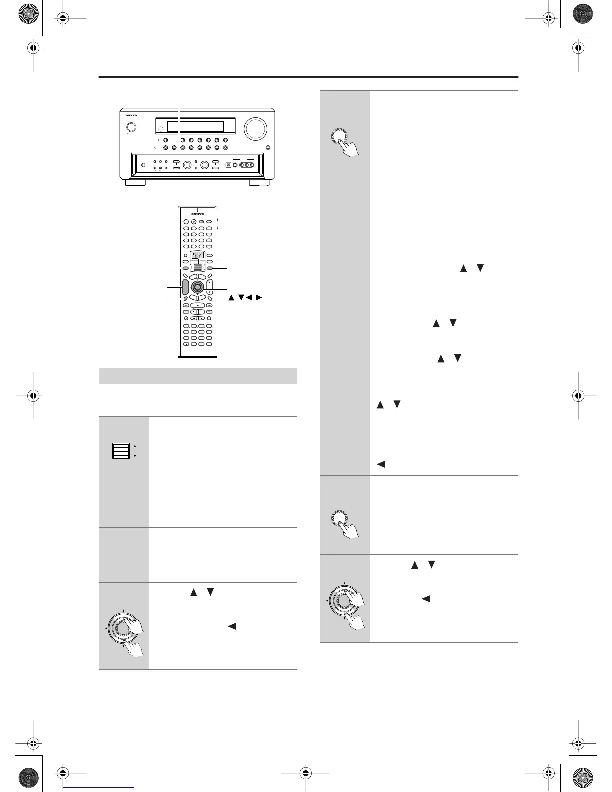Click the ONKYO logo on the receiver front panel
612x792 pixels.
pyautogui.click(x=131, y=115)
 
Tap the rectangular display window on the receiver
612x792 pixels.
pyautogui.click(x=195, y=126)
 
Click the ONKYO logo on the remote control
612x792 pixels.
pyautogui.click(x=198, y=214)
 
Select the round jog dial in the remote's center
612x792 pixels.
pyautogui.click(x=197, y=287)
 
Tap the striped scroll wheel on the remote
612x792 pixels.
pyautogui.click(x=198, y=267)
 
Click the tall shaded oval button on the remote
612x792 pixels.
pyautogui.click(x=184, y=287)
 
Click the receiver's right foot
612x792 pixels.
pyautogui.click(x=260, y=183)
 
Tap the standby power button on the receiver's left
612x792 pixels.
pyautogui.click(x=132, y=126)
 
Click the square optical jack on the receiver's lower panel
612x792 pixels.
pyautogui.click(x=228, y=164)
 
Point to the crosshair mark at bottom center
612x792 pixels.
pyautogui.click(x=306, y=774)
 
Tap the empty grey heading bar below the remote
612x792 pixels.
pyautogui.click(x=198, y=375)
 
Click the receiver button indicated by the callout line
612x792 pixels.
pyautogui.click(x=182, y=140)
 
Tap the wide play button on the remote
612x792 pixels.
pyautogui.click(x=198, y=304)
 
